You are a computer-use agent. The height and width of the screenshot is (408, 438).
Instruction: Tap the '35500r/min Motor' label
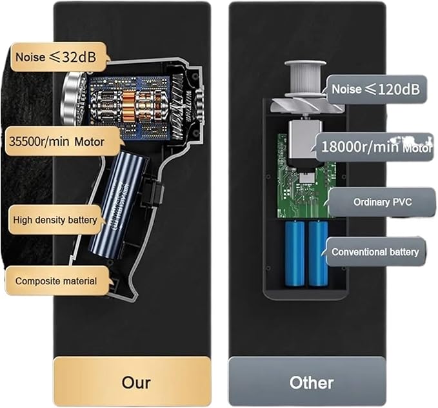63,142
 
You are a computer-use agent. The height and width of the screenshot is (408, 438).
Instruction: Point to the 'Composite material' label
57,281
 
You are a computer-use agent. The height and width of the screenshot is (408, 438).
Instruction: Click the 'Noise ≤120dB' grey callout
375,90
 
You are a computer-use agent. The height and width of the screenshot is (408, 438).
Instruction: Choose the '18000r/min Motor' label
375,147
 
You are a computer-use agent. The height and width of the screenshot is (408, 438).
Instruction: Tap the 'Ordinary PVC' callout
382,202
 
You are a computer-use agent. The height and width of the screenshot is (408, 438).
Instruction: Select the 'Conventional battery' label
375,252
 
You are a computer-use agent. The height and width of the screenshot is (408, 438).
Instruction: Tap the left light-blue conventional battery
295,253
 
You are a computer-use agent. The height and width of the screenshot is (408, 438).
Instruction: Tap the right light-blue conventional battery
318,253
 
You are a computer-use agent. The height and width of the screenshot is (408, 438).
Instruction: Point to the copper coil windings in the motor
130,106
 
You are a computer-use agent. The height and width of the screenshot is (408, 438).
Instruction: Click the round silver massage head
73,99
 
